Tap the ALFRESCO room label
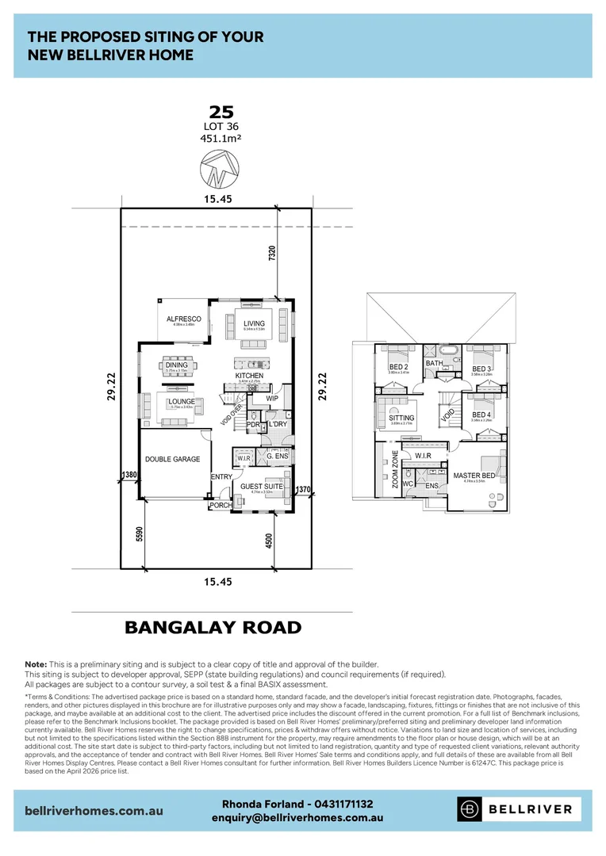coord(183,319)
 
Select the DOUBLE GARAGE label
coord(172,459)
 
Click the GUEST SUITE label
coord(262,486)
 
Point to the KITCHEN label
coord(249,375)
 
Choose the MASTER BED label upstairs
coord(474,476)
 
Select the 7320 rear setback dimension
coord(271,255)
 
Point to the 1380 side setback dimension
coord(129,474)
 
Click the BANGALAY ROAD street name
coord(213,628)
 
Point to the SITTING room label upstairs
coord(401,418)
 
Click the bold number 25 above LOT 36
coord(221,111)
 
